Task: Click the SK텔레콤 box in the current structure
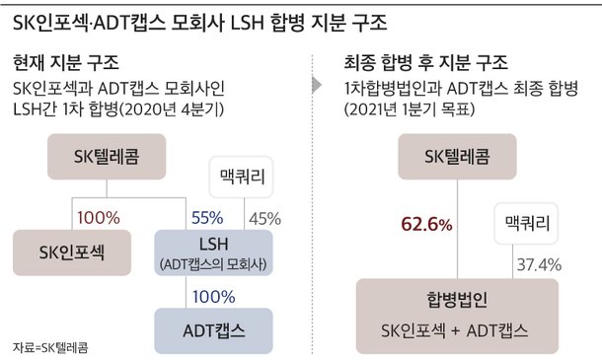coord(108,157)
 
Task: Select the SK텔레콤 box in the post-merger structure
coord(457,157)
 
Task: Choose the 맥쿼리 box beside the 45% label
coord(242,180)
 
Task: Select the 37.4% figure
coord(538,264)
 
